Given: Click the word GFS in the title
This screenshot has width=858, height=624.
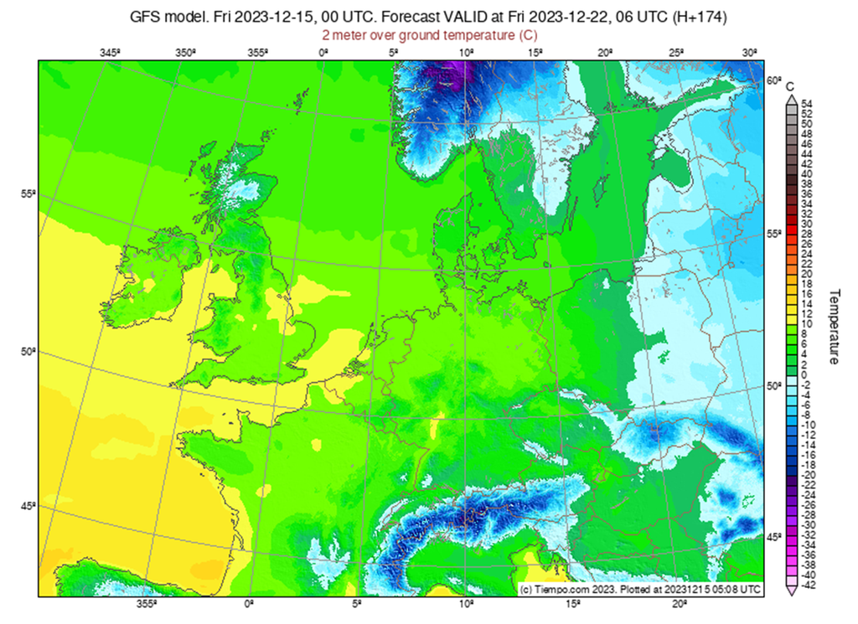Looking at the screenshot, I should pos(147,16).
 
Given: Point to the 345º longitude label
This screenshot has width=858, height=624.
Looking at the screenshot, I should pos(111,53).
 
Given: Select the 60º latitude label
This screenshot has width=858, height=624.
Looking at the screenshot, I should pos(773,80).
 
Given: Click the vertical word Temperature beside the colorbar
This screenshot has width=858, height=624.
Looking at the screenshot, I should pos(835,327).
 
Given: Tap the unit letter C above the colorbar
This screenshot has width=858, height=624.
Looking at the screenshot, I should pos(790,85).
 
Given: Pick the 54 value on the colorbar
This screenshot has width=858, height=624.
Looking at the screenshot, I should pos(807,104).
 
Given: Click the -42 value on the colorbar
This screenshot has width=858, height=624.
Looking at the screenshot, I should pos(809,585).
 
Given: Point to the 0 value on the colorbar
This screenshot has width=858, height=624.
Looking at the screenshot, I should pos(804,374).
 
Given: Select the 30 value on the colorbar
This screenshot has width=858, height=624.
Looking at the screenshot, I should pos(807,224).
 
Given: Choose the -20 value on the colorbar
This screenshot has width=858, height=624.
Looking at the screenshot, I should pos(809,475).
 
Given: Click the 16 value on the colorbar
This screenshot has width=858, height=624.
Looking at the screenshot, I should pos(807,295).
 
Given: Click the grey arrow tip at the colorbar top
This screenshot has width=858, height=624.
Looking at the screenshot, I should pos(790,97).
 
